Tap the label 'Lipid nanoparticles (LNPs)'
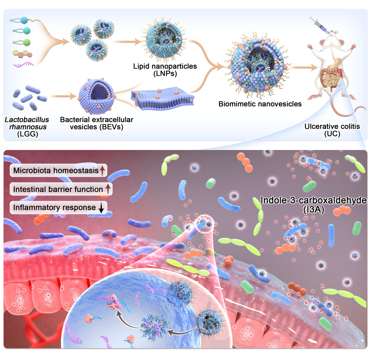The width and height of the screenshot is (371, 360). [x=165, y=70]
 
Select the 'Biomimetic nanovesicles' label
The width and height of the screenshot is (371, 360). [x=260, y=104]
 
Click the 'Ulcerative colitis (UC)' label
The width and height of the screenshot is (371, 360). [x=332, y=130]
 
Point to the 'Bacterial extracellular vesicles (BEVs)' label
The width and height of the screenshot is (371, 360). [x=96, y=123]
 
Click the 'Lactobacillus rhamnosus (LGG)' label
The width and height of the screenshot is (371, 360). [x=27, y=127]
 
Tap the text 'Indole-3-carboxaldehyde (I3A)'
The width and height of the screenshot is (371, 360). [x=313, y=204]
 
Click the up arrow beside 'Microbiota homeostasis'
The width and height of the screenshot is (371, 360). [x=102, y=170]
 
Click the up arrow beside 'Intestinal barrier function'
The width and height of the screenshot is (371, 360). [x=108, y=189]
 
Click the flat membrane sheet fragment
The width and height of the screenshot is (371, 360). [x=163, y=98]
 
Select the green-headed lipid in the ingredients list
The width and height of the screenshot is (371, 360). [x=22, y=42]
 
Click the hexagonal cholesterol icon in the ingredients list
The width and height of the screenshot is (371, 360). [x=22, y=54]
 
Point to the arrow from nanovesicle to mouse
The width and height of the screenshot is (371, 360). [x=303, y=68]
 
